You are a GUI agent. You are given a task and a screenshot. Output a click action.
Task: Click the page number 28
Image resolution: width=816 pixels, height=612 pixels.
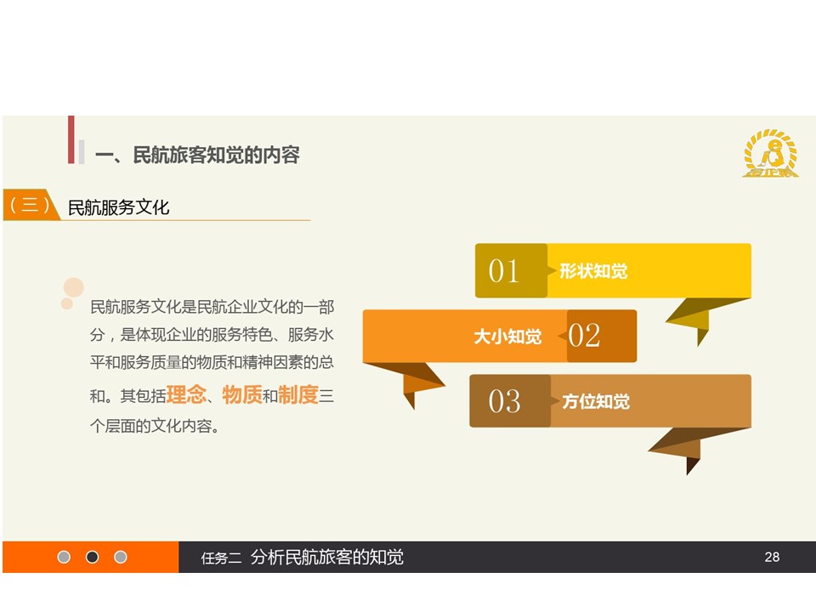pyautogui.click(x=772, y=557)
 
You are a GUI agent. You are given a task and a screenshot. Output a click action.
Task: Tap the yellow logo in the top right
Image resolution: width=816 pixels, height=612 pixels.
pyautogui.click(x=770, y=153)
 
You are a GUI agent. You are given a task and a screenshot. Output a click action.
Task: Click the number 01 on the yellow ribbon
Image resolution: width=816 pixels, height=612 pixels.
pyautogui.click(x=503, y=270)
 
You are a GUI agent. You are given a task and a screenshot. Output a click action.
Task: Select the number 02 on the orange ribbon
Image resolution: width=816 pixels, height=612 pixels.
pyautogui.click(x=584, y=335)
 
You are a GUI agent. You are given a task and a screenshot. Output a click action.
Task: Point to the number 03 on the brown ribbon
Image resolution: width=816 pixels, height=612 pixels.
pyautogui.click(x=504, y=401)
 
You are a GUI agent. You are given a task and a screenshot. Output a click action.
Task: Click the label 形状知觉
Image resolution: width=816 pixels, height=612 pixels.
pyautogui.click(x=593, y=271)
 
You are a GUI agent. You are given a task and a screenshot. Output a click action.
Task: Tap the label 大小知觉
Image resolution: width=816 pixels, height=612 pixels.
pyautogui.click(x=507, y=337)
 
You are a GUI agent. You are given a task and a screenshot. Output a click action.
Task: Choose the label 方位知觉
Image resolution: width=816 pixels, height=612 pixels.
pyautogui.click(x=596, y=401)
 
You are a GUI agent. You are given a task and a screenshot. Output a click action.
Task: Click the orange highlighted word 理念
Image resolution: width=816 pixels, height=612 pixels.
pyautogui.click(x=186, y=394)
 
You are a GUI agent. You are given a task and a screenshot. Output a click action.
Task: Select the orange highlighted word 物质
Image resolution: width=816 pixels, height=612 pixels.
pyautogui.click(x=242, y=394)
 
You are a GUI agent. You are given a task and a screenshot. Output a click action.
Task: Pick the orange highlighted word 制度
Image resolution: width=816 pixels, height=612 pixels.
pyautogui.click(x=298, y=394)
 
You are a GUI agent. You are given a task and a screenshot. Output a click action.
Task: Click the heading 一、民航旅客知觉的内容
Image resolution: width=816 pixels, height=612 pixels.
pyautogui.click(x=197, y=155)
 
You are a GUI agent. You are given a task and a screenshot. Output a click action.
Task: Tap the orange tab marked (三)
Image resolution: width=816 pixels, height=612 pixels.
pyautogui.click(x=31, y=205)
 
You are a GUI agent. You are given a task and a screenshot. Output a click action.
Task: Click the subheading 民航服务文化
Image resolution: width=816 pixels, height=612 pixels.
pyautogui.click(x=119, y=207)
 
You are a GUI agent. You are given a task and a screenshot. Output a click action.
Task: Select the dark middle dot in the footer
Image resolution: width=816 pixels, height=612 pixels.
pyautogui.click(x=92, y=557)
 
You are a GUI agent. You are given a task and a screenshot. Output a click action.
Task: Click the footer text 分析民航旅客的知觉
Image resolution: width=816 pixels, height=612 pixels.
pyautogui.click(x=326, y=557)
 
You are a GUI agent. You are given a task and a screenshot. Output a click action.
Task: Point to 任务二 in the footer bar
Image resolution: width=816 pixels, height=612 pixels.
pyautogui.click(x=221, y=558)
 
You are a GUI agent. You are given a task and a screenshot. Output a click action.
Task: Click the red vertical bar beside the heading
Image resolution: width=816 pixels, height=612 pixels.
pyautogui.click(x=71, y=139)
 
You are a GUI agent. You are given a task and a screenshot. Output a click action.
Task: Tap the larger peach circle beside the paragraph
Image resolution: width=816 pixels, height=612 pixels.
pyautogui.click(x=73, y=287)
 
